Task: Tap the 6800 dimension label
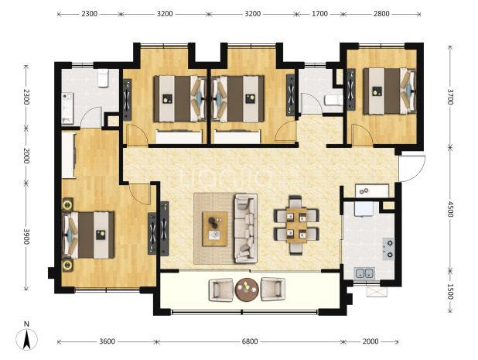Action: click(x=250, y=341)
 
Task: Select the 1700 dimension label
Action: click(x=319, y=14)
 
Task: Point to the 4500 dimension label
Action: click(x=450, y=209)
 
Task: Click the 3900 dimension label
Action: click(x=26, y=236)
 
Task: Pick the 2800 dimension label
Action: click(x=381, y=14)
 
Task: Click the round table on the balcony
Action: click(x=247, y=290)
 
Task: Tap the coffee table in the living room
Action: click(x=215, y=229)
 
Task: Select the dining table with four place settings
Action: click(x=296, y=225)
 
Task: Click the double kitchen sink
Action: click(x=364, y=273)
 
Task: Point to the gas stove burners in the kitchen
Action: click(x=389, y=249)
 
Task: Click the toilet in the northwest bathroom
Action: click(x=104, y=78)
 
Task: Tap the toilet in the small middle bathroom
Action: click(x=333, y=100)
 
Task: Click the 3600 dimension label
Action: click(x=107, y=341)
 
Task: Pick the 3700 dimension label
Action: click(x=450, y=97)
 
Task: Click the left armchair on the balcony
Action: click(x=220, y=290)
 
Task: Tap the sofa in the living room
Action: click(x=246, y=228)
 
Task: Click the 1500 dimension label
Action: click(x=450, y=292)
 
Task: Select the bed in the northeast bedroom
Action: click(x=389, y=91)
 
